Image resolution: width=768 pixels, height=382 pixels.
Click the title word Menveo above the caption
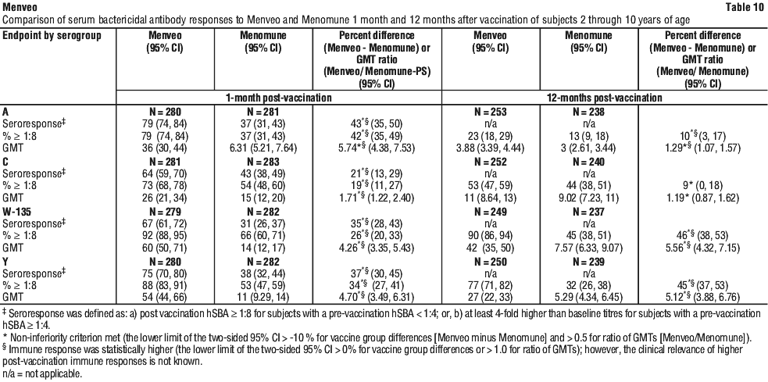pyautogui.click(x=15, y=7)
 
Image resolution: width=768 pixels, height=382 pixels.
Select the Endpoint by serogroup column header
pyautogui.click(x=52, y=36)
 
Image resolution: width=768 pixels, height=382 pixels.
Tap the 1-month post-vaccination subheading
pyautogui.click(x=279, y=98)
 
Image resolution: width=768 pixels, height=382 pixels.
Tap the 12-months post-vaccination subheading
pyautogui.click(x=604, y=98)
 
